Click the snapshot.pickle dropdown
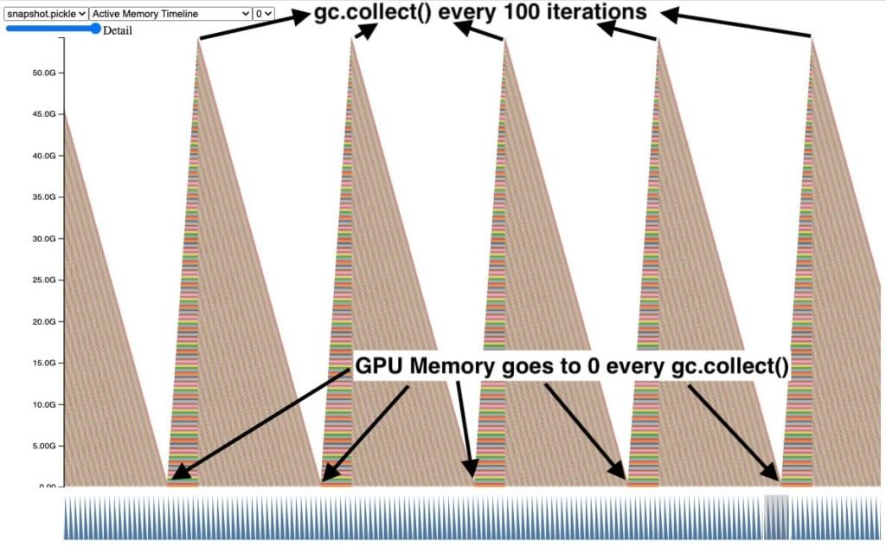point(46,14)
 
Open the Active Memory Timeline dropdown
point(170,14)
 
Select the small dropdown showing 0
point(264,14)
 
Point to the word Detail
point(118,30)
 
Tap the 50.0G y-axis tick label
point(43,73)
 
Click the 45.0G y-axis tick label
point(43,114)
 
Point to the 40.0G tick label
point(43,156)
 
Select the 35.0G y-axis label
point(43,197)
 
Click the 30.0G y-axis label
point(43,239)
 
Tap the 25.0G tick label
point(43,280)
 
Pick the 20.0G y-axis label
point(43,322)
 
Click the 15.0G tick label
point(43,364)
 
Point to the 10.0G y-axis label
point(43,405)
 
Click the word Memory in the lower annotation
point(454,366)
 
